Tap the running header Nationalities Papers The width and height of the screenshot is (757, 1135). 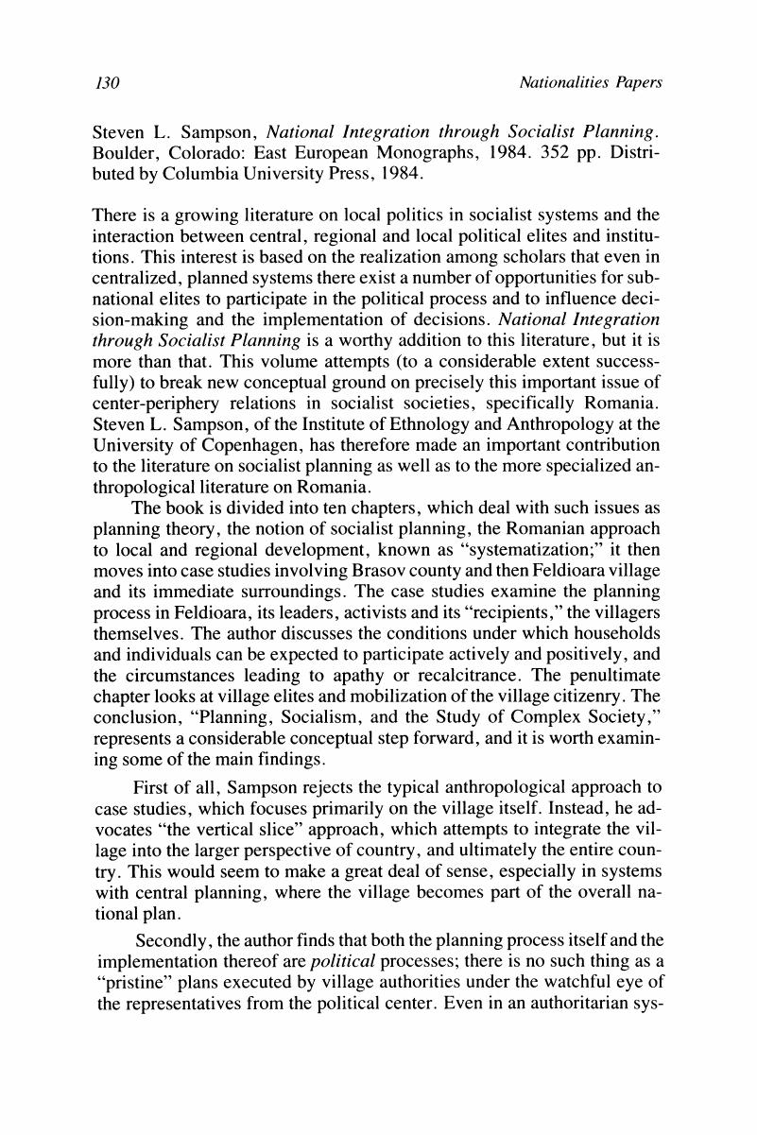(591, 84)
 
